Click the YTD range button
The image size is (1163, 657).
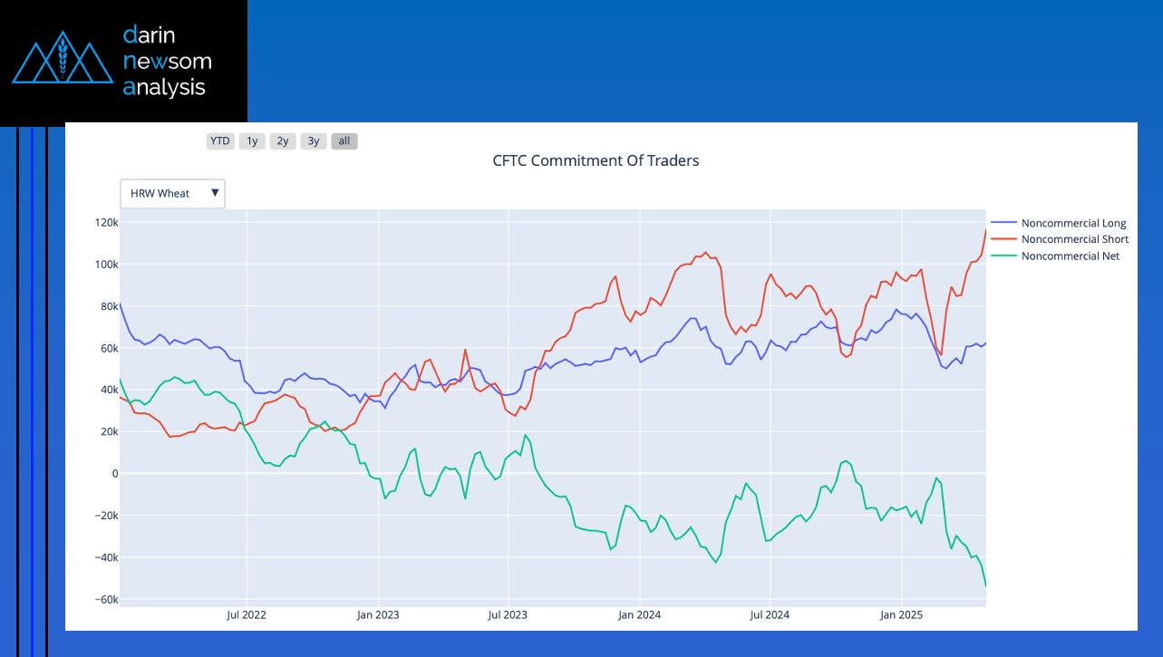click(x=220, y=141)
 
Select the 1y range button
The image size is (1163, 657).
click(x=252, y=141)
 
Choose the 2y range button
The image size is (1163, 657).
click(x=283, y=141)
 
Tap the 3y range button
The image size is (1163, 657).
click(x=314, y=141)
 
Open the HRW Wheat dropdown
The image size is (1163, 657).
click(x=172, y=193)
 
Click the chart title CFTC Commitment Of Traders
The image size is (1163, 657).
click(x=596, y=161)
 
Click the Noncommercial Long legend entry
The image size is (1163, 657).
click(x=1072, y=223)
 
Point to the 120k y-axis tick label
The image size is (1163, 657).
click(x=106, y=223)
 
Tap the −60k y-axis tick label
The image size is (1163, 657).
click(x=103, y=600)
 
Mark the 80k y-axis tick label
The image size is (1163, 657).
click(x=108, y=306)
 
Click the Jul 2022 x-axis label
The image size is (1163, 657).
click(x=247, y=615)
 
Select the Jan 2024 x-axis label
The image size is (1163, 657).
click(x=639, y=615)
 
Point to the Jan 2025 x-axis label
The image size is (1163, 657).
click(x=901, y=615)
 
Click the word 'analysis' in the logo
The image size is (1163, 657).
click(x=164, y=87)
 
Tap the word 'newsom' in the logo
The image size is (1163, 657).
click(x=167, y=61)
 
